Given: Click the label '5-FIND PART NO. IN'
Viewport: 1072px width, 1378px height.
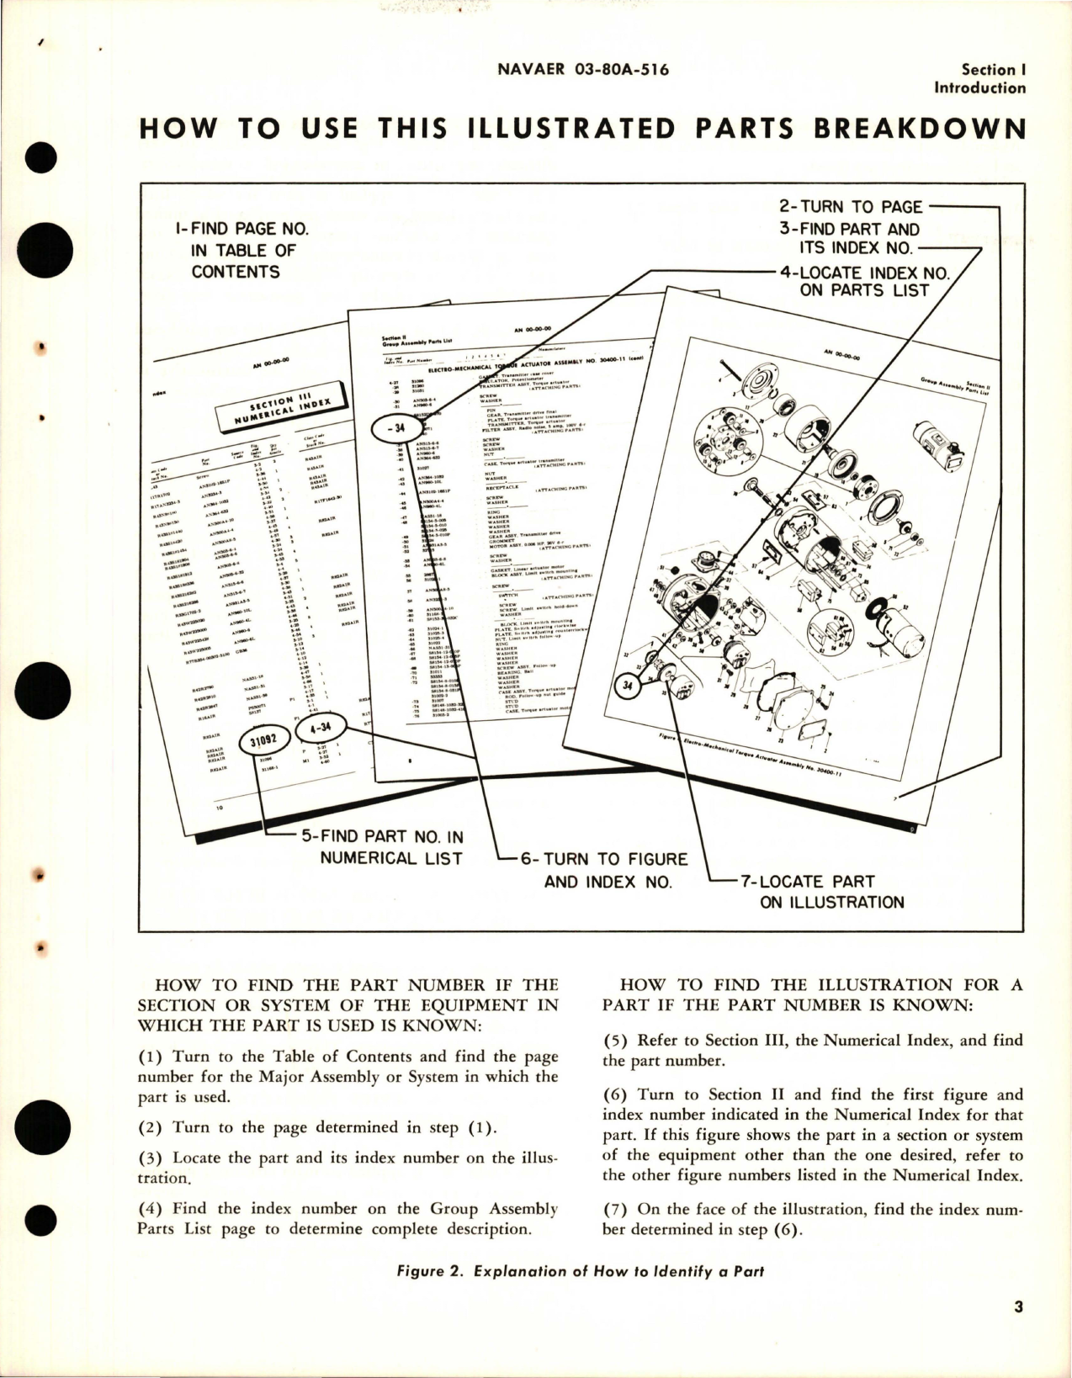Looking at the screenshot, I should (x=382, y=836).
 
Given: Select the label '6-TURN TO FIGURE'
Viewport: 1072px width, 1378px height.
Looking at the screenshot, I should (x=603, y=859).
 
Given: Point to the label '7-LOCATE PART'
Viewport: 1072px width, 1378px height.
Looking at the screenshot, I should (x=807, y=881).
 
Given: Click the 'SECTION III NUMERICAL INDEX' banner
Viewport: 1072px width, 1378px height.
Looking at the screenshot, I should (x=273, y=409).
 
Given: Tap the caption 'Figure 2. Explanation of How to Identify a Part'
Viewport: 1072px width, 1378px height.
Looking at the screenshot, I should (x=580, y=1271).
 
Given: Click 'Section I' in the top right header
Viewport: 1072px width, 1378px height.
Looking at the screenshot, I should (x=992, y=70).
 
